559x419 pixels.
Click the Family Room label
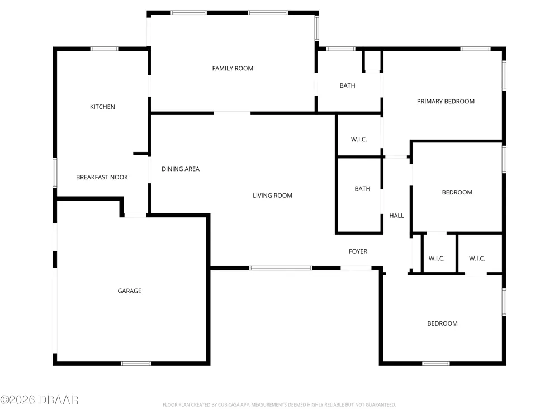233,68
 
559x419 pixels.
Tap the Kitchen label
102,107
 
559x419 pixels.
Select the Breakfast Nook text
102,177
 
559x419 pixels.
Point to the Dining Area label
181,169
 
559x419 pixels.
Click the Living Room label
272,196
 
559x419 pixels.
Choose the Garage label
130,291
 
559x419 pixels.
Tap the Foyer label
358,251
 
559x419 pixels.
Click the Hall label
396,216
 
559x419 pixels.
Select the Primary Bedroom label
446,102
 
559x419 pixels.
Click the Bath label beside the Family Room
347,85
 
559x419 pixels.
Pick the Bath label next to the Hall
362,189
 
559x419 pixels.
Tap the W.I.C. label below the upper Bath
359,139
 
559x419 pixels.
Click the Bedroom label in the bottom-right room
442,323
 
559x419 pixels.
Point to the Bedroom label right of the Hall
457,192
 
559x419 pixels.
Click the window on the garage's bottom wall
136,364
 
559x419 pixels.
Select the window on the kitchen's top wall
104,49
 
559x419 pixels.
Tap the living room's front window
281,268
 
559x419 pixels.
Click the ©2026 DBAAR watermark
39,400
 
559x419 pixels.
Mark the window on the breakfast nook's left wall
55,173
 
